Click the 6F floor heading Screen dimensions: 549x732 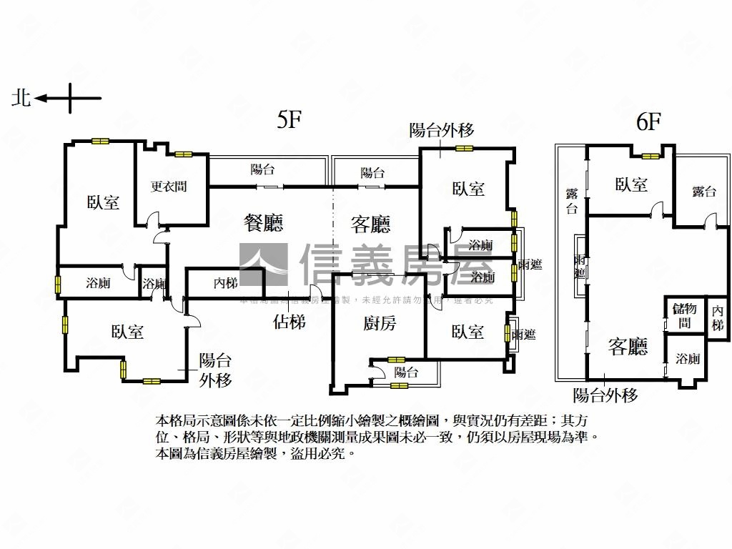click(648, 122)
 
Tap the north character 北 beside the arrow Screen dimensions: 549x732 click(21, 98)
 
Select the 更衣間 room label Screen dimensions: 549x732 click(169, 187)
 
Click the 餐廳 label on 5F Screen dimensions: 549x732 click(264, 224)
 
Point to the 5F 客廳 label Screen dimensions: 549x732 click(370, 225)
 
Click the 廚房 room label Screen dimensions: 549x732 click(379, 324)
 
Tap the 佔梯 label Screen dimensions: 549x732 click(290, 322)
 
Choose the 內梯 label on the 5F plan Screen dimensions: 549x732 click(225, 283)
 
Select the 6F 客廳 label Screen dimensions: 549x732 click(628, 347)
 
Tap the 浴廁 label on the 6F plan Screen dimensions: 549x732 click(688, 359)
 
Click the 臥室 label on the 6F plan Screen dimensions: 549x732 click(631, 185)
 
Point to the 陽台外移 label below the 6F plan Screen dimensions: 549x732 click(605, 395)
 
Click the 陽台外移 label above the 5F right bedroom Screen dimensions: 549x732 click(441, 130)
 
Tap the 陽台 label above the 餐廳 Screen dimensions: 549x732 click(262, 170)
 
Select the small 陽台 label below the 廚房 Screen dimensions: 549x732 click(406, 372)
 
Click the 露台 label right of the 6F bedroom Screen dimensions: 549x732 click(704, 191)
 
